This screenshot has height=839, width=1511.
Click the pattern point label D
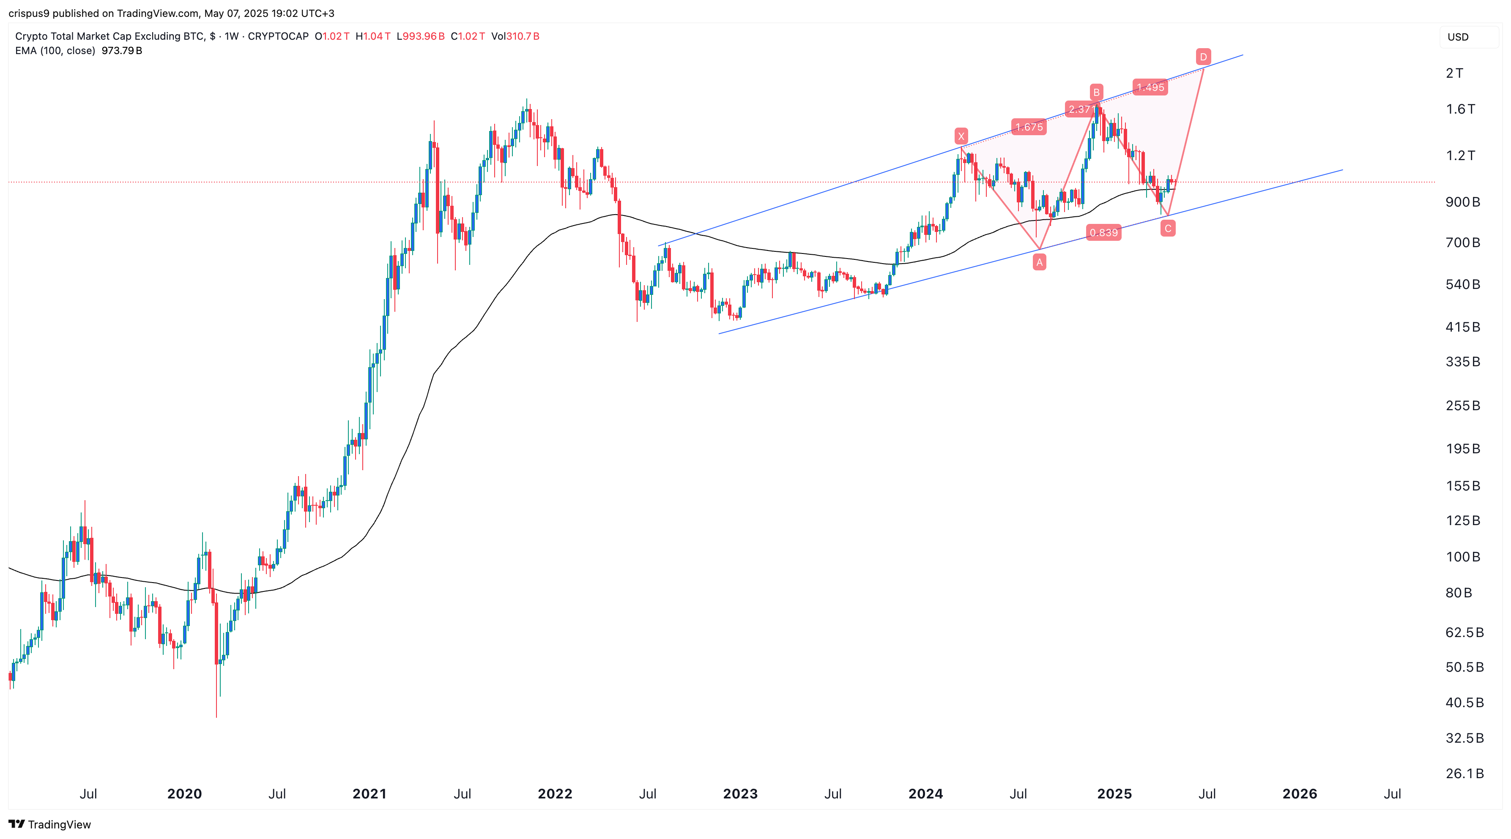[1203, 57]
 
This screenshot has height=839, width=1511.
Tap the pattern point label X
[961, 136]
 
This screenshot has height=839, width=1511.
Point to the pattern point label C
[1168, 229]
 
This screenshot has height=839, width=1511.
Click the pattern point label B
[1096, 93]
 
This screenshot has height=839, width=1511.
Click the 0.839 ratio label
[1103, 233]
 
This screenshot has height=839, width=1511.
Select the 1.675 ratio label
[1029, 127]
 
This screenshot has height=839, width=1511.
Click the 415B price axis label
[1462, 327]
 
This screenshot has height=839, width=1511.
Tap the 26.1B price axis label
[1464, 774]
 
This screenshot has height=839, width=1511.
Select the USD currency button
[1458, 37]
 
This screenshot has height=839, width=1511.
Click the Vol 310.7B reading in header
[515, 36]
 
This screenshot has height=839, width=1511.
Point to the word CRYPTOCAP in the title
[278, 36]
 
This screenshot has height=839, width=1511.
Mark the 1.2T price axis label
[1460, 155]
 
